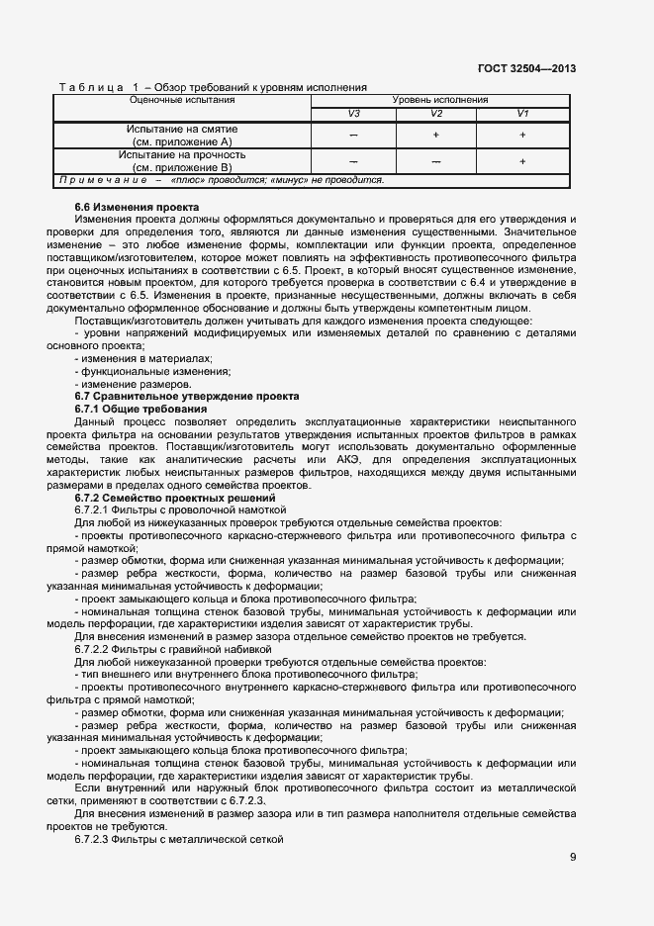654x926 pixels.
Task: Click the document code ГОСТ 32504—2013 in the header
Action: tap(526, 68)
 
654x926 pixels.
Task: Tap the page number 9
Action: tap(573, 856)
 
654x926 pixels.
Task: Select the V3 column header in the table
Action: tap(353, 114)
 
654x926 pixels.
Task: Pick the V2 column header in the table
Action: tap(435, 114)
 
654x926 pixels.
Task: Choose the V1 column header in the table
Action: tap(522, 114)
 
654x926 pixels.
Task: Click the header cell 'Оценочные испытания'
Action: tap(182, 101)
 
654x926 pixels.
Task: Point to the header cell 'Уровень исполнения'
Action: tap(440, 101)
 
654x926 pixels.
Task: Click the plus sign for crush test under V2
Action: tap(435, 136)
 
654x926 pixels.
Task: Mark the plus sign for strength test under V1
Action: tap(522, 161)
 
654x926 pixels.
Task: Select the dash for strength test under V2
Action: tap(435, 161)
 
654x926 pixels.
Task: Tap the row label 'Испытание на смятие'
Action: tap(182, 130)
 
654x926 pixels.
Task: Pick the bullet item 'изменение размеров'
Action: tap(132, 384)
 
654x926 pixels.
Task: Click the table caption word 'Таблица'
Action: tap(91, 88)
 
